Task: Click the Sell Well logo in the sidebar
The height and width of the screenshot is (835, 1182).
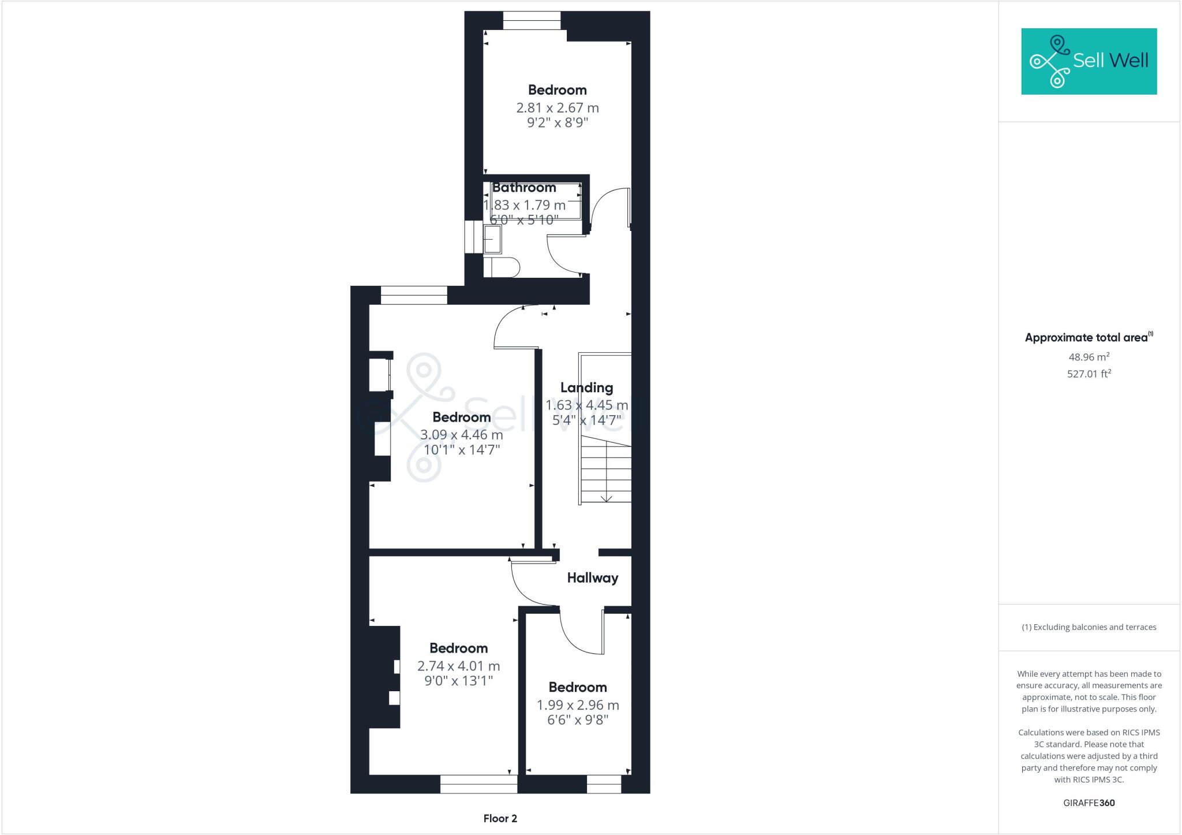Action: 1089,61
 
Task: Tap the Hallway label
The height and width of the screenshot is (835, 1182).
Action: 592,578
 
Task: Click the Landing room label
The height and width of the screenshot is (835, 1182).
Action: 586,387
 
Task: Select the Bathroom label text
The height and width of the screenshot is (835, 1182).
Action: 524,188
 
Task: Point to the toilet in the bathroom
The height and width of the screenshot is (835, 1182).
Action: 502,267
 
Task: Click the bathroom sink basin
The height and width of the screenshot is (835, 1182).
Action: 492,239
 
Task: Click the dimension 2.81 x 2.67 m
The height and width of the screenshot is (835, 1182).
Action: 557,108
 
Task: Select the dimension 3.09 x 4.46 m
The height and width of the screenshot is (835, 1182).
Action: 461,435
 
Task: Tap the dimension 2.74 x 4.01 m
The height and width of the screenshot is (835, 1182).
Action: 458,666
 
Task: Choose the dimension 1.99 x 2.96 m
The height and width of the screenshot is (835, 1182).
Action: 577,705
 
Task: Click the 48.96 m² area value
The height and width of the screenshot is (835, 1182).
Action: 1089,357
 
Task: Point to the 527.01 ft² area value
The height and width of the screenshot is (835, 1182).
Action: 1089,374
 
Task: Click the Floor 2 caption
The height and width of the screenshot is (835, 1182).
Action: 500,818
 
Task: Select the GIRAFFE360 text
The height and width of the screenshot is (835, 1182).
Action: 1089,803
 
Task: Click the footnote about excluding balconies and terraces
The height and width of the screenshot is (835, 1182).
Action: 1089,627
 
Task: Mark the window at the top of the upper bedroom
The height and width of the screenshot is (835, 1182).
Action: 531,20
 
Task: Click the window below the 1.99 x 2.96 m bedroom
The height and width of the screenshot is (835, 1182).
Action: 604,784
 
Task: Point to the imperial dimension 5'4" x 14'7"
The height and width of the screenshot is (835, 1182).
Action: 586,420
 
